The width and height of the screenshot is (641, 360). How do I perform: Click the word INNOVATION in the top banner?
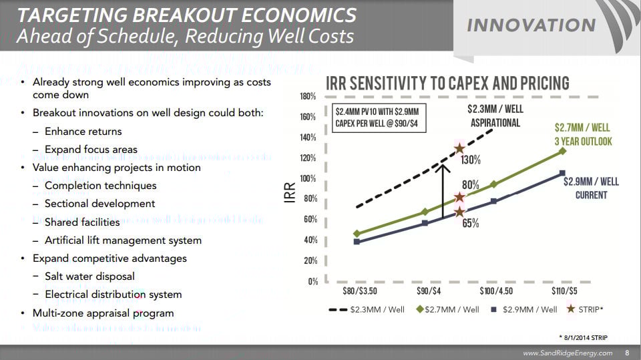coord(531,25)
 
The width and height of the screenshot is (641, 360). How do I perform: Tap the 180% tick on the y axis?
coord(308,96)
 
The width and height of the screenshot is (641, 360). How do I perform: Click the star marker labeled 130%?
coord(459,149)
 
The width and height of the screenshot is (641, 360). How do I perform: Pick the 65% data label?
coord(471,223)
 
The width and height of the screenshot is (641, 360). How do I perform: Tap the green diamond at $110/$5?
coord(563,151)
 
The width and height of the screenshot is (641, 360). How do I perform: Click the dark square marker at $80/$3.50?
coord(357,241)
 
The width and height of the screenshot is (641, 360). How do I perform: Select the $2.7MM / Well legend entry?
coord(448,309)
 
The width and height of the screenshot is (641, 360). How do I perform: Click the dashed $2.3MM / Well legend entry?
coord(367,309)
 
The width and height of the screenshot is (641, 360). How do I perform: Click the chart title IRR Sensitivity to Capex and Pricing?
coord(447,83)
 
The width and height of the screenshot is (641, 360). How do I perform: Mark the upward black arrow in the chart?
coord(442,190)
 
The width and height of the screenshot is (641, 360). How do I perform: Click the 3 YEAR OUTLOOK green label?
coord(582,142)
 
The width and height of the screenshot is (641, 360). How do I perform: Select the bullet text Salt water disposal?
coord(89,276)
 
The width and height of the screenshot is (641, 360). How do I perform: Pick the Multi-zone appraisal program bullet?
coord(103,313)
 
